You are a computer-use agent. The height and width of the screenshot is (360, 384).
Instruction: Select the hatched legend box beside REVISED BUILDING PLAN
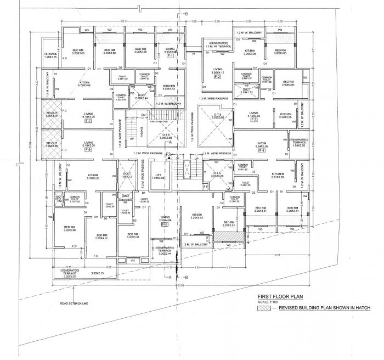click(266, 309)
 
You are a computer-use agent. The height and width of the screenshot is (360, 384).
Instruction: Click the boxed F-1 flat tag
click(170, 56)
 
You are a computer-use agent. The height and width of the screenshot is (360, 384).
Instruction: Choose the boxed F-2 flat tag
click(217, 76)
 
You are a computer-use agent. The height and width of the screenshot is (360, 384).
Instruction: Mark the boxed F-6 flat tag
click(88, 150)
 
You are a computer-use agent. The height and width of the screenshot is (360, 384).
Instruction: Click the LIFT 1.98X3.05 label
click(159, 176)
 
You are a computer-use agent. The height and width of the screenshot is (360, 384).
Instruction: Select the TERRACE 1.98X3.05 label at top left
click(50, 56)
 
